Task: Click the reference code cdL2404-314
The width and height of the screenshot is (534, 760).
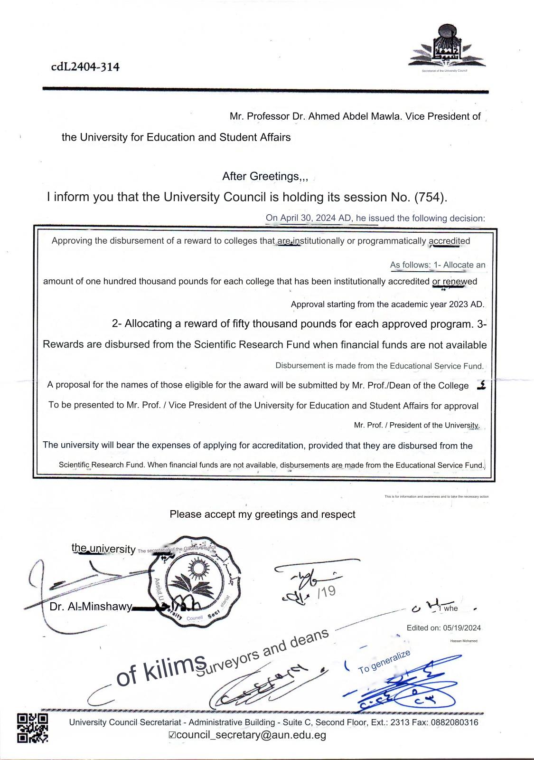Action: click(x=85, y=66)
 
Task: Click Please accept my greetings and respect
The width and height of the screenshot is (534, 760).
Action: click(x=262, y=514)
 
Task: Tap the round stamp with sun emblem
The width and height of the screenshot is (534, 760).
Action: click(x=195, y=580)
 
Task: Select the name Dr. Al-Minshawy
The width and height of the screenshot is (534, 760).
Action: click(x=91, y=608)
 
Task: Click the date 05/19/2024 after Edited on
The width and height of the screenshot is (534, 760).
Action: click(x=462, y=628)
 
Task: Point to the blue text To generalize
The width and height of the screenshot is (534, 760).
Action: click(x=384, y=661)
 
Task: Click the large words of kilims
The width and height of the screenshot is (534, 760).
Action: click(x=160, y=674)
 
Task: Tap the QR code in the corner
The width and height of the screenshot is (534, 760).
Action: click(x=33, y=727)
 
